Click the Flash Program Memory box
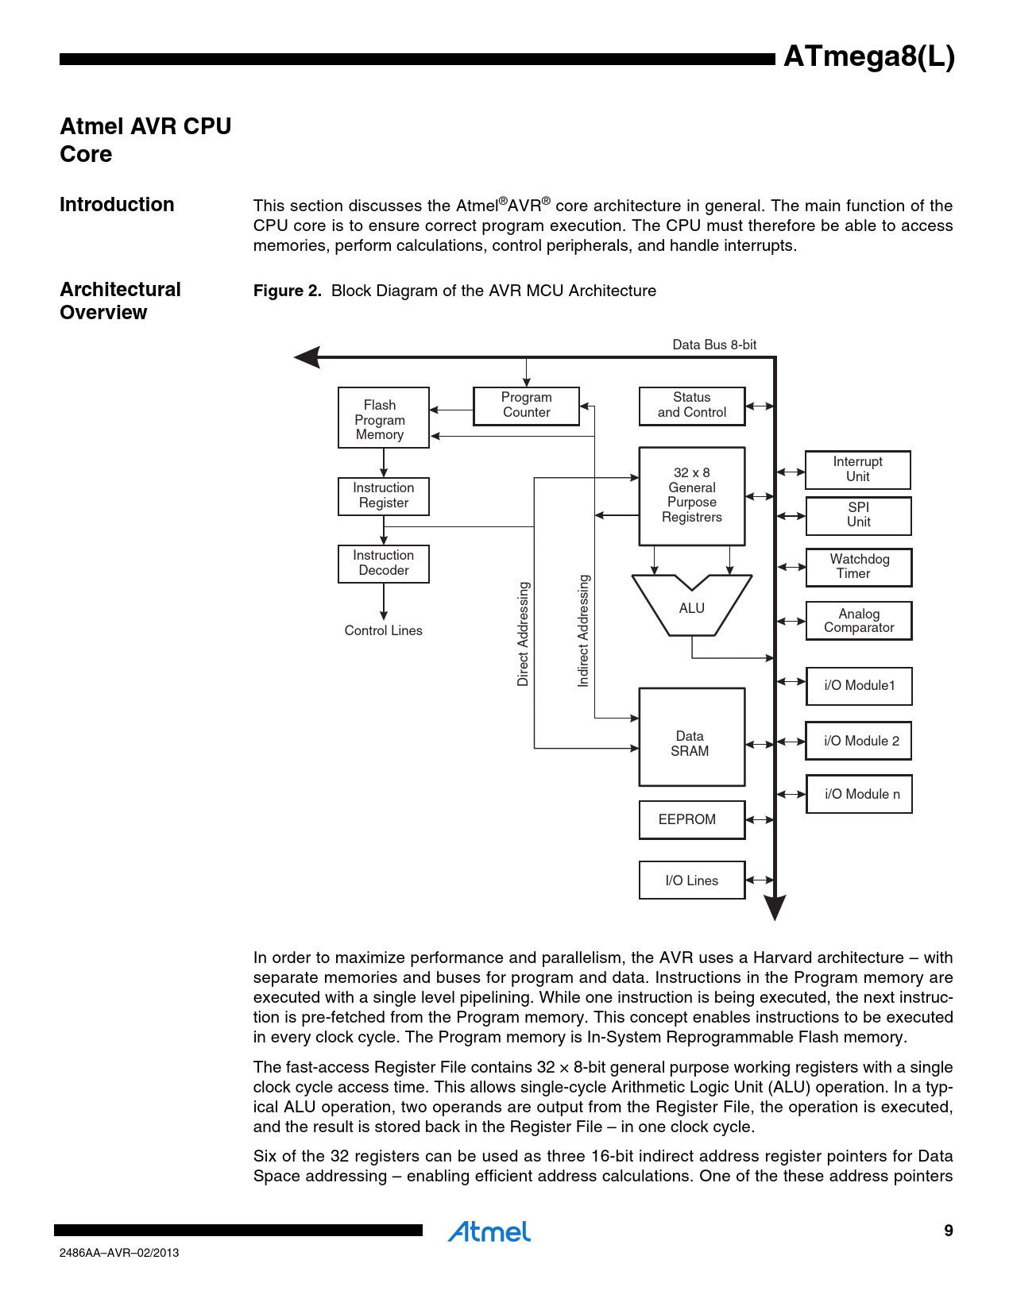[x=383, y=418]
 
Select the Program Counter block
[x=526, y=406]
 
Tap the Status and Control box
[x=692, y=406]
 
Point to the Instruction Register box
[x=383, y=496]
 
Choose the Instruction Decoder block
[x=383, y=564]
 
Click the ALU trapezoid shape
[x=691, y=608]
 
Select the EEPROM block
[x=691, y=819]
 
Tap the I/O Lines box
[x=691, y=880]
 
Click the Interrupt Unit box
[x=857, y=469]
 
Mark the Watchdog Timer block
[x=858, y=567]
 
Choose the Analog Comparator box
[x=858, y=621]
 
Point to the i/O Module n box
[x=859, y=794]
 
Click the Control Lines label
[x=383, y=630]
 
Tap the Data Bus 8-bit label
[x=714, y=345]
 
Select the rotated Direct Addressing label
[x=523, y=634]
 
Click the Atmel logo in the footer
[x=489, y=1231]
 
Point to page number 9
[x=948, y=1231]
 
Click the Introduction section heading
[x=117, y=205]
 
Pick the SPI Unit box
[x=858, y=515]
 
